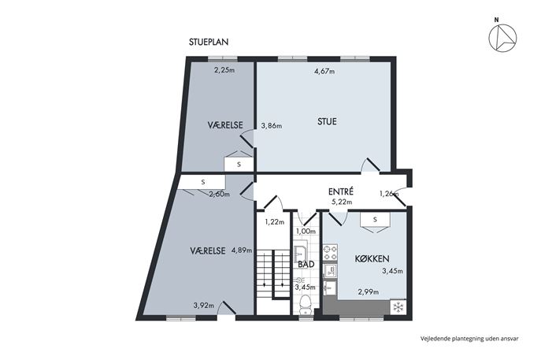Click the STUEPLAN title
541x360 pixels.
coord(209,42)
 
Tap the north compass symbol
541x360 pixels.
coord(502,37)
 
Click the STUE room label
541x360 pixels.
coord(327,121)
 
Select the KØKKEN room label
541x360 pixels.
coord(372,258)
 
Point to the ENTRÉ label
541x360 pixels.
coord(340,191)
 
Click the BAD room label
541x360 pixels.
coord(306,265)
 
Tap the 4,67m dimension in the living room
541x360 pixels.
coord(324,72)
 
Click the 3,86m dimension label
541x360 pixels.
coord(271,126)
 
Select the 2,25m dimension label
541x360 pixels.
coord(224,70)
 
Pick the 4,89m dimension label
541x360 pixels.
coord(242,251)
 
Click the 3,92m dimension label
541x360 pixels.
coord(204,306)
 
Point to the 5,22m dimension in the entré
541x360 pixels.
coord(342,202)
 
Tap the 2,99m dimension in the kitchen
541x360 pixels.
coord(368,292)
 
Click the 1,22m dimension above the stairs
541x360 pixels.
coord(275,222)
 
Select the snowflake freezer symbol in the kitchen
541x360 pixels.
coord(398,307)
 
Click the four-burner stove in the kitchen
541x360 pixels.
coord(330,252)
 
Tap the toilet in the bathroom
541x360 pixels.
coord(306,304)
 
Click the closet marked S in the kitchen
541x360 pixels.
coord(375,220)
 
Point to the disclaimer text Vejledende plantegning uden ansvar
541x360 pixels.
coord(469,339)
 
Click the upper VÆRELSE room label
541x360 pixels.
coord(225,125)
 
